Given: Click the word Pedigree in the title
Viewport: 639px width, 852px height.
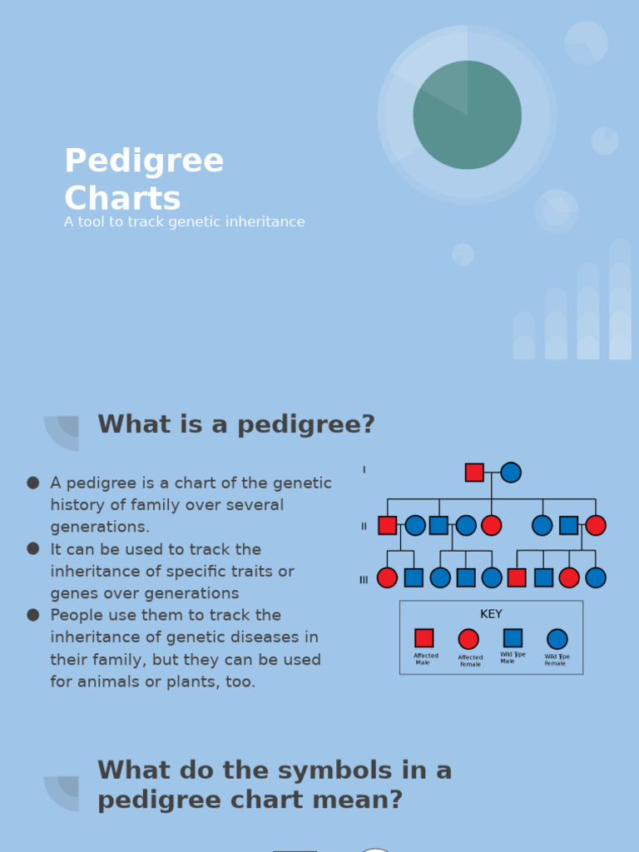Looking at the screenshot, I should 144,161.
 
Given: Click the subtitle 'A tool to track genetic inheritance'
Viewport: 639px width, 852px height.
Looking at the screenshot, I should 184,222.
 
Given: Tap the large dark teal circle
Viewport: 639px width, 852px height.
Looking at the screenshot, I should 467,115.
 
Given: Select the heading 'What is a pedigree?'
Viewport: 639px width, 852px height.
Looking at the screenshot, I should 236,424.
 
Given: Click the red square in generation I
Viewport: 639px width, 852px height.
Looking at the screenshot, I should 474,473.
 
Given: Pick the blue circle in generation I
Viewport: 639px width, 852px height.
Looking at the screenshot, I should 511,473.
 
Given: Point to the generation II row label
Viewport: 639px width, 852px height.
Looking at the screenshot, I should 364,526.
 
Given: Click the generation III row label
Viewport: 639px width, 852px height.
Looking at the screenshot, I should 364,580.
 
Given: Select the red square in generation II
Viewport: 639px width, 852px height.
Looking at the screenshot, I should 387,525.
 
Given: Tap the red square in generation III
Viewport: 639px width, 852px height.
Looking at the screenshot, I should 517,577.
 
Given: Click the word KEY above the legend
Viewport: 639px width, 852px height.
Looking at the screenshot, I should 491,614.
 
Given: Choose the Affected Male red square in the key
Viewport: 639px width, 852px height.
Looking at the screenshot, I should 424,638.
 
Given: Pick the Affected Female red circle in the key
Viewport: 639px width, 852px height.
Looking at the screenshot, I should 468,639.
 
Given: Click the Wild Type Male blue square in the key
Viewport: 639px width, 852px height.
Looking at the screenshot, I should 513,638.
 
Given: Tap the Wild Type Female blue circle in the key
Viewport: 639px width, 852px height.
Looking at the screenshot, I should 557,639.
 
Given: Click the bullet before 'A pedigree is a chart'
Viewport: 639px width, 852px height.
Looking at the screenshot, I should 33,483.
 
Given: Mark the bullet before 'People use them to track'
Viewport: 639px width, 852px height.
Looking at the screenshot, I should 33,615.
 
